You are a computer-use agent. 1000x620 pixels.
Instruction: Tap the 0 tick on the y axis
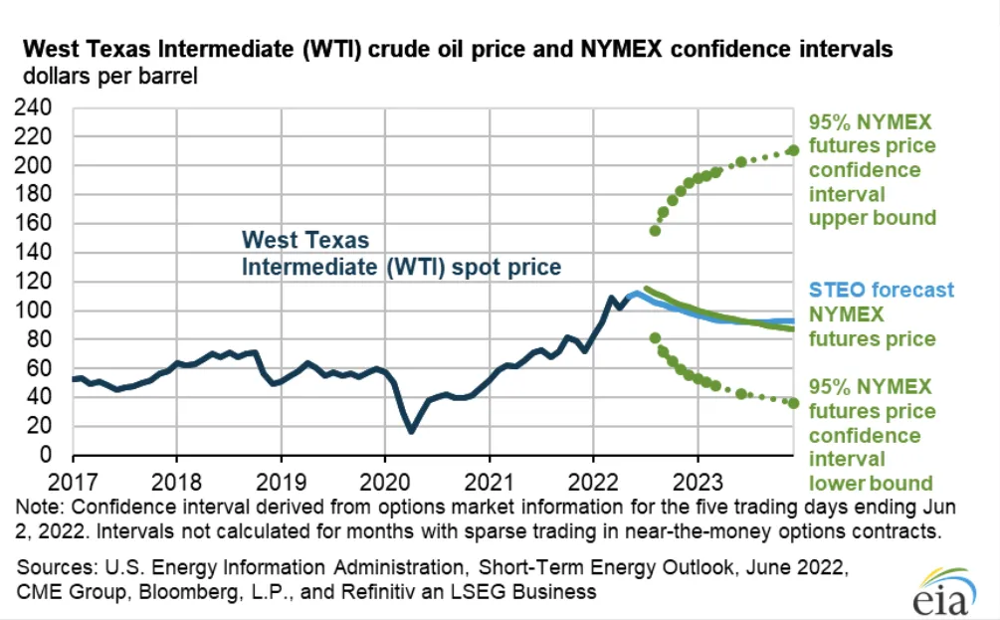click(x=58, y=455)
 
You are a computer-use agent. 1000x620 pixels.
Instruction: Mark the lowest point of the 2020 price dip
click(x=410, y=431)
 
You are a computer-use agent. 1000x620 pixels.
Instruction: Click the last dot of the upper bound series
click(x=793, y=150)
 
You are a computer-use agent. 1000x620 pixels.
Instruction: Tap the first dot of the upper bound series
click(x=655, y=231)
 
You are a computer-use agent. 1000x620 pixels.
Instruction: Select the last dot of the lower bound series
click(x=793, y=402)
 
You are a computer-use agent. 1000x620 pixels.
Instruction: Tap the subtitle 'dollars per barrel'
click(x=103, y=75)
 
